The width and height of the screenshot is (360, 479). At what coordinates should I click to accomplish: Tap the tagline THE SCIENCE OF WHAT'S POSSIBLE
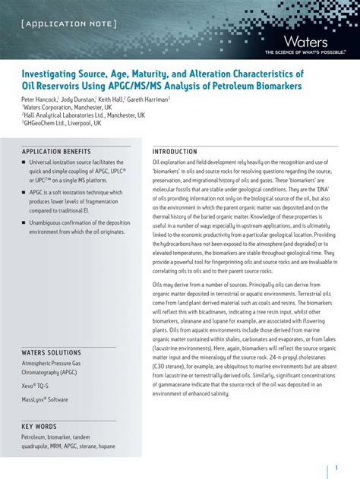305,52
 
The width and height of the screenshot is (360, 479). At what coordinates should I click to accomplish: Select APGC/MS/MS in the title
157,87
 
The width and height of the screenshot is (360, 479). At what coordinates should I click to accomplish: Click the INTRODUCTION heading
175,152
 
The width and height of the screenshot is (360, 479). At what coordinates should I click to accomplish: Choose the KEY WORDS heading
39,427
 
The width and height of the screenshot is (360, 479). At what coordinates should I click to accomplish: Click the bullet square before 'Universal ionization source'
24,163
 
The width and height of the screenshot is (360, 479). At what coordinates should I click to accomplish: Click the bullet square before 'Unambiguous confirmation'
24,222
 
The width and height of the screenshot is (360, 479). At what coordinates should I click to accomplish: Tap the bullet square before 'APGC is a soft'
24,193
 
